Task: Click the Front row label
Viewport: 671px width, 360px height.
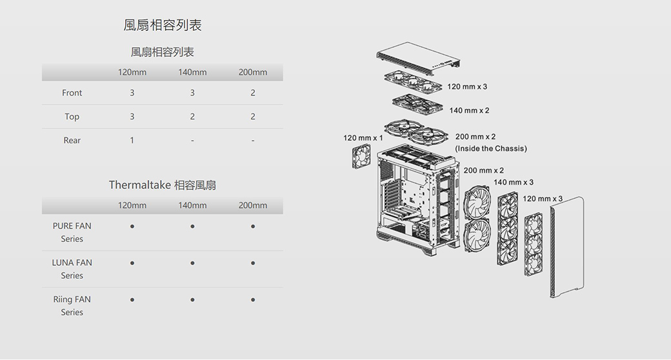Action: (x=72, y=93)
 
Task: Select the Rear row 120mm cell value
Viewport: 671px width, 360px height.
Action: (x=132, y=140)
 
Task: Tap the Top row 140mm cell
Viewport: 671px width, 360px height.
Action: (x=192, y=117)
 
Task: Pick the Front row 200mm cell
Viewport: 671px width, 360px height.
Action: (x=253, y=93)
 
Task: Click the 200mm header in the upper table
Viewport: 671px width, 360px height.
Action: (x=253, y=72)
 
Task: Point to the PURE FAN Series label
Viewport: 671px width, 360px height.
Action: (x=72, y=232)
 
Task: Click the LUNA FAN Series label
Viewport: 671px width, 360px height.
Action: (x=72, y=269)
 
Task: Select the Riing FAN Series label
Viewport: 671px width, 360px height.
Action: (x=72, y=306)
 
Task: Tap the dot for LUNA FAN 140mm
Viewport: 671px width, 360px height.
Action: (x=192, y=263)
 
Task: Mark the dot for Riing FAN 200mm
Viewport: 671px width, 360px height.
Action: (x=253, y=300)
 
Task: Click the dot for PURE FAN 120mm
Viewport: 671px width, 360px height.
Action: (x=132, y=226)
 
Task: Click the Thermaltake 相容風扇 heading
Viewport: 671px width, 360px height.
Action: (x=163, y=185)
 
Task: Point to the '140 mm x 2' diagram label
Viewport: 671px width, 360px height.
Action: (x=469, y=111)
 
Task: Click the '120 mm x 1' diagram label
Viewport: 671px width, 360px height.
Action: (x=363, y=138)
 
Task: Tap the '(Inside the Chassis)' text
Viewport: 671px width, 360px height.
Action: (x=491, y=149)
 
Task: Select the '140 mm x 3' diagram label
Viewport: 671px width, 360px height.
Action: (x=514, y=183)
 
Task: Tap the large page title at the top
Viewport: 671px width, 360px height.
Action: (x=163, y=25)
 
